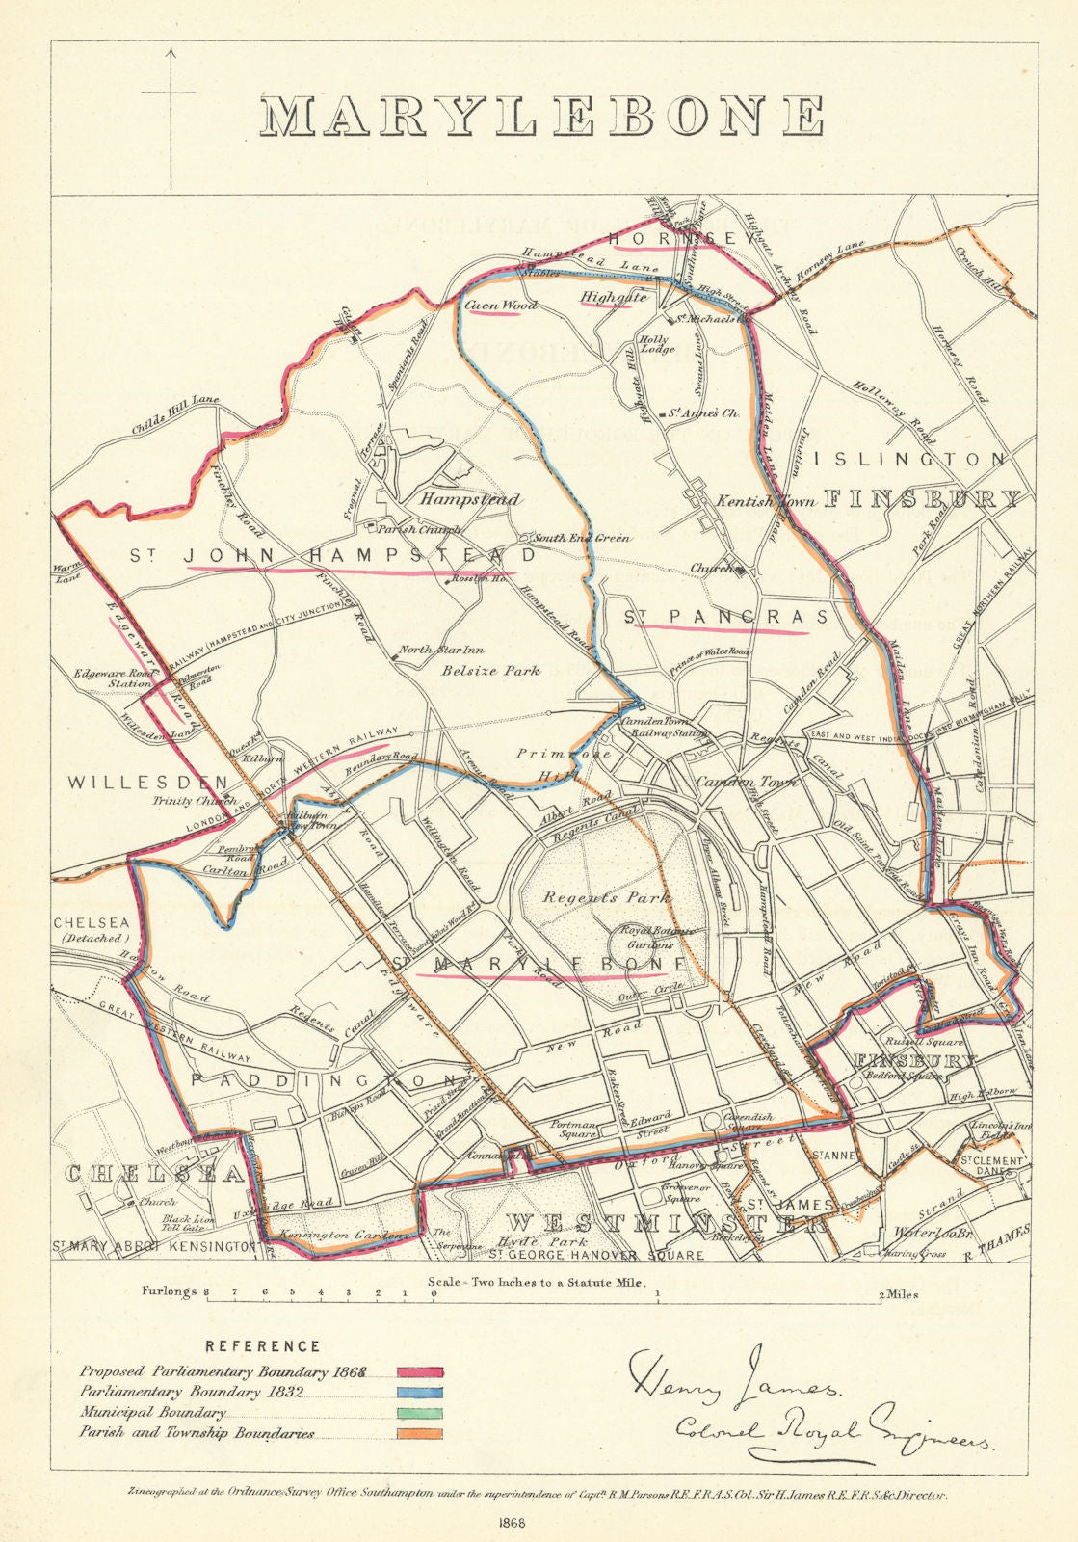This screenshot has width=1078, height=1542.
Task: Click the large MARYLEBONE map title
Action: (542, 116)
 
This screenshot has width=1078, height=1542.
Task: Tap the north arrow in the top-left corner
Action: (171, 116)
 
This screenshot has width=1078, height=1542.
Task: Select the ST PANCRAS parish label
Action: (725, 618)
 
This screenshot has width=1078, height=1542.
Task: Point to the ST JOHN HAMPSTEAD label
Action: (332, 556)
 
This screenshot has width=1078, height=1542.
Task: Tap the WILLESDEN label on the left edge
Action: (147, 783)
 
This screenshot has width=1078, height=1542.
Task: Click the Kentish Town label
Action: (766, 501)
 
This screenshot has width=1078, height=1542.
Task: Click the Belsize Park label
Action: (491, 671)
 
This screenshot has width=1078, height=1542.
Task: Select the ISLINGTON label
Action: (910, 460)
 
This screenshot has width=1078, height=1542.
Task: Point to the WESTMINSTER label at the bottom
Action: (667, 1224)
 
